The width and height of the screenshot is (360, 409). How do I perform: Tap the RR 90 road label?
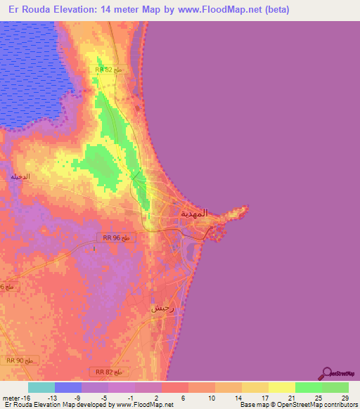[x=27, y=360]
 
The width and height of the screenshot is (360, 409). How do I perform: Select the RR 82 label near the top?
[x=110, y=70]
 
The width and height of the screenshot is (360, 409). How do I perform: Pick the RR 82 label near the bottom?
[x=109, y=370]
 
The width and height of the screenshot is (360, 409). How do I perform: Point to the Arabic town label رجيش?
[x=162, y=308]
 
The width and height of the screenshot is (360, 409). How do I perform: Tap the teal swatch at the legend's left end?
[x=41, y=387]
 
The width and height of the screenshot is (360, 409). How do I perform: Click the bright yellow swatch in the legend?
[x=281, y=387]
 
